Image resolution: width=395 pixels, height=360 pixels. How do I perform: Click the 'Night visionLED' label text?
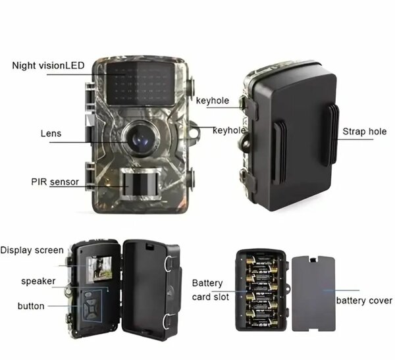[x=47, y=65]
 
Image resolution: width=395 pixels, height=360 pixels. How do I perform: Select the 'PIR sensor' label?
[x=55, y=182]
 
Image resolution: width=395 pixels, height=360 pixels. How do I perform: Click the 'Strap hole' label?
[x=364, y=132]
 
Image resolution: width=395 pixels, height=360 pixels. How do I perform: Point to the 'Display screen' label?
[x=32, y=250]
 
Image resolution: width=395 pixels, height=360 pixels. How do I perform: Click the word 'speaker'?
[x=38, y=281]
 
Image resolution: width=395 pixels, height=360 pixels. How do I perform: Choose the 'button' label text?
[x=32, y=306]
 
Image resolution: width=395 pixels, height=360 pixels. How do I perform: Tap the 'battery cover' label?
[x=364, y=301]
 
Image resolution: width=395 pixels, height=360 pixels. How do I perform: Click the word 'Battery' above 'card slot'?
[x=207, y=283]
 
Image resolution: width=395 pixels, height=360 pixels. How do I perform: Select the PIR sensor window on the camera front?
[x=139, y=182]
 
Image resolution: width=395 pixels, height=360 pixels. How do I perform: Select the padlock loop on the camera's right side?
[x=195, y=134]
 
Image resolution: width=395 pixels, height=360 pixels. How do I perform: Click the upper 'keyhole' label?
[x=213, y=101]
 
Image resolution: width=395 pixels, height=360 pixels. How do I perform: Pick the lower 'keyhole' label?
[x=229, y=130]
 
